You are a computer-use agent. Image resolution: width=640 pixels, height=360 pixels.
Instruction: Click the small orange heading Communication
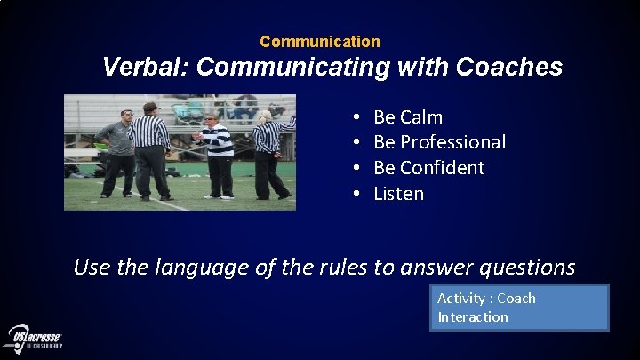(320, 42)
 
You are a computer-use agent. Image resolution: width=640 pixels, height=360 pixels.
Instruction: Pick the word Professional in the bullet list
(452, 142)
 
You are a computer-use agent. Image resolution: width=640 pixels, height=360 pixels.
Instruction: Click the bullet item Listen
(398, 194)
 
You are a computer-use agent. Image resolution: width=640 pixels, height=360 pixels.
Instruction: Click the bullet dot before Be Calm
(356, 117)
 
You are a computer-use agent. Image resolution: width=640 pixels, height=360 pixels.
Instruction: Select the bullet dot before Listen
(356, 194)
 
